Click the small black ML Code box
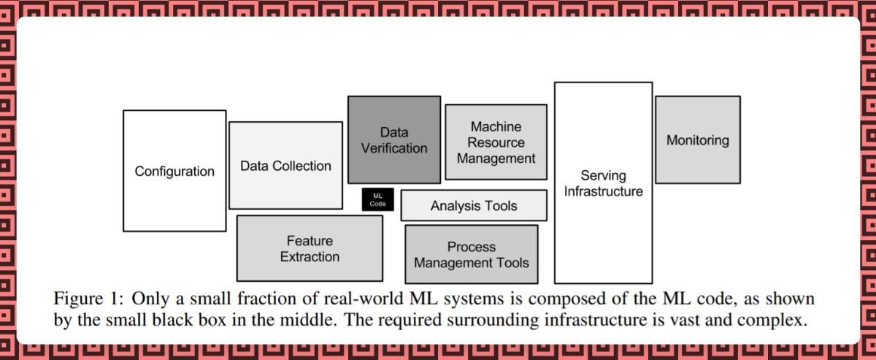[x=377, y=199]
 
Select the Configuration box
[x=174, y=171]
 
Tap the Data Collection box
[x=285, y=166]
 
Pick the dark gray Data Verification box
[x=393, y=139]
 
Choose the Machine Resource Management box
[x=496, y=142]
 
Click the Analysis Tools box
[x=474, y=205]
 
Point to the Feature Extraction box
[x=310, y=248]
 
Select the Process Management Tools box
[x=471, y=254]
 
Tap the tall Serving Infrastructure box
[x=603, y=183]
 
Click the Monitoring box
[x=697, y=139]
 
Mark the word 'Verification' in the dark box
[x=394, y=148]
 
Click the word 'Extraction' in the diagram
[x=310, y=256]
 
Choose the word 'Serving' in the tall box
[x=603, y=175]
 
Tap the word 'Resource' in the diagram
[x=496, y=142]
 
